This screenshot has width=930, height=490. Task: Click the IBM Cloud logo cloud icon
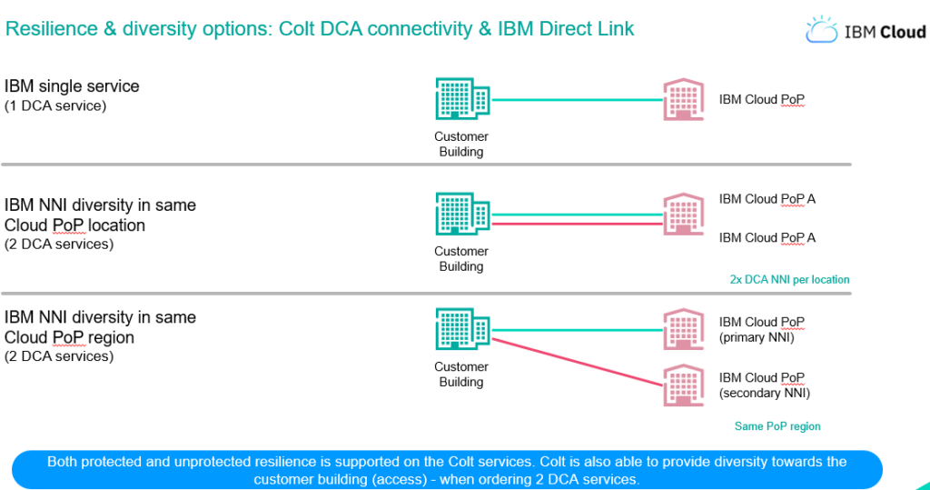(x=821, y=29)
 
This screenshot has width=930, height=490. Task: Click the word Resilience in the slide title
(x=52, y=28)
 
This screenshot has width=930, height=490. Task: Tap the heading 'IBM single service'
(x=72, y=86)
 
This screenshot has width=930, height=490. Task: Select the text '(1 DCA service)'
(x=55, y=105)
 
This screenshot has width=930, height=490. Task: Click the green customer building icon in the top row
(x=462, y=98)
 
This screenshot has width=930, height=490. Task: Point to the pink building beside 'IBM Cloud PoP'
(x=683, y=99)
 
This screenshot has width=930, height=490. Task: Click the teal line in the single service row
(x=577, y=100)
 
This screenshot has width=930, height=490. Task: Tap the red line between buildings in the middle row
(x=577, y=224)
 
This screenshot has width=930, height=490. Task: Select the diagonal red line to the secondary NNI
(x=577, y=363)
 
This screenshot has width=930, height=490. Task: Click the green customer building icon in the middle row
(x=462, y=214)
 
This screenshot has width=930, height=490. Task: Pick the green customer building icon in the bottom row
(x=462, y=328)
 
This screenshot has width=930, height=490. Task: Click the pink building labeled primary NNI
(x=683, y=329)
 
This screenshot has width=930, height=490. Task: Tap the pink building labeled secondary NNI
(x=683, y=385)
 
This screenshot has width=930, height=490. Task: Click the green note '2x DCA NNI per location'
(x=789, y=280)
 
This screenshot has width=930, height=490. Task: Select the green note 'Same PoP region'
(x=777, y=426)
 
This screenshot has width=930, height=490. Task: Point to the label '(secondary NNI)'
(x=765, y=394)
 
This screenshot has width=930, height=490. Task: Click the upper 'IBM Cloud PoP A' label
(x=767, y=199)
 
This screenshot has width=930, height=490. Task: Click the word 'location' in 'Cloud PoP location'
(x=116, y=225)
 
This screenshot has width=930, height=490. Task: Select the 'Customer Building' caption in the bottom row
(x=461, y=375)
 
